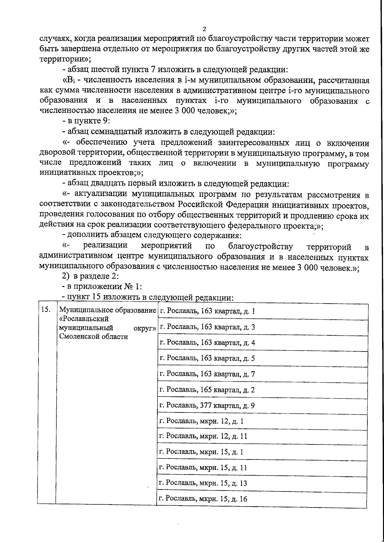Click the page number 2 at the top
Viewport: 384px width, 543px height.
pyautogui.click(x=204, y=29)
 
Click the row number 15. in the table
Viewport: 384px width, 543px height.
pyautogui.click(x=45, y=309)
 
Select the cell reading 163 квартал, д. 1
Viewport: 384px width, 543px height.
pyautogui.click(x=207, y=311)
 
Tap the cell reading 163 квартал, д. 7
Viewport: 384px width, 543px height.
pyautogui.click(x=207, y=374)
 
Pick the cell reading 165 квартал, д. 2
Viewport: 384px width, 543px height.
pyautogui.click(x=207, y=390)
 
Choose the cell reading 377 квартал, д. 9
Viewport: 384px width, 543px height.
pyautogui.click(x=207, y=406)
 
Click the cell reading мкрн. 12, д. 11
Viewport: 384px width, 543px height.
pyautogui.click(x=203, y=436)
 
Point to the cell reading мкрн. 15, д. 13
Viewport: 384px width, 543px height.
pyautogui.click(x=203, y=483)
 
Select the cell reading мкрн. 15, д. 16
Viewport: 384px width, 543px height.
pyautogui.click(x=203, y=499)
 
